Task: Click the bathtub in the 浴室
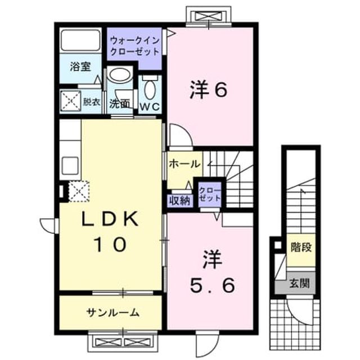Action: tap(80, 40)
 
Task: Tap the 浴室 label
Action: tap(80, 67)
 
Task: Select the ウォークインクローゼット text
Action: tap(135, 46)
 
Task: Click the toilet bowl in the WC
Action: tap(150, 88)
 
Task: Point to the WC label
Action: tap(150, 107)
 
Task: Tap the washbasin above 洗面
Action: tap(120, 74)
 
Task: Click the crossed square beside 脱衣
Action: tap(70, 101)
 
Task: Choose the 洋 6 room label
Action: tap(209, 89)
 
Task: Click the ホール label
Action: tap(184, 164)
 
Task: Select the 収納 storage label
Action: tap(180, 201)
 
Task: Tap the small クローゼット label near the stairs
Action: tap(210, 194)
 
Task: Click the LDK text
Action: tap(110, 219)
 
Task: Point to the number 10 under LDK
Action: tap(110, 244)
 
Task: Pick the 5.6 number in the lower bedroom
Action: tap(213, 285)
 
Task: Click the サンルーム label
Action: tap(113, 313)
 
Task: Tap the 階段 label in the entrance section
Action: tap(301, 247)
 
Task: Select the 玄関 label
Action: tap(299, 283)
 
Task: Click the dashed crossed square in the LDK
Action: tap(79, 191)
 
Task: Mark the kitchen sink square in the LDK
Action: tap(70, 165)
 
